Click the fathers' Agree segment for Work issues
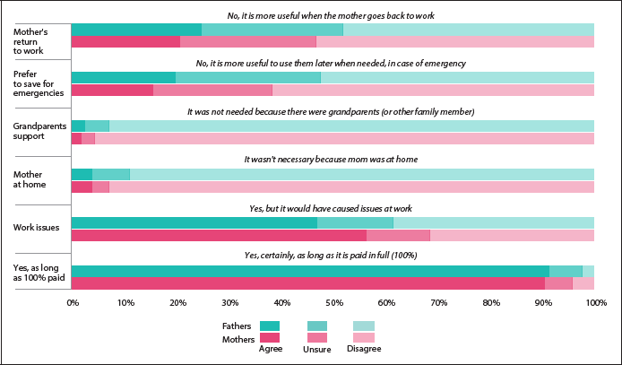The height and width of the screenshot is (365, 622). tap(194, 223)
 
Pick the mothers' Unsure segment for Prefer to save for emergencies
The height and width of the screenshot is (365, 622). tap(212, 90)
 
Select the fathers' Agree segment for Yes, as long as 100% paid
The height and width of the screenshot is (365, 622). tap(309, 272)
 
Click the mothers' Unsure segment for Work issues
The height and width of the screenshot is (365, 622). tap(398, 236)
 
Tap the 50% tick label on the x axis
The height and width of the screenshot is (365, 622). tap(333, 302)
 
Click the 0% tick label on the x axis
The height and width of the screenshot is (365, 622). tap(72, 302)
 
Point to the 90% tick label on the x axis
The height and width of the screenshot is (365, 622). tap(542, 302)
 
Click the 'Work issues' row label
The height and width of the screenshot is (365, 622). tap(36, 228)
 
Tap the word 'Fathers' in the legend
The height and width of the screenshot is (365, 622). tap(237, 326)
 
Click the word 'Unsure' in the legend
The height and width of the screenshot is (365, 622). tap(317, 349)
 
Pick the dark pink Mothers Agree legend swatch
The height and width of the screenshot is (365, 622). tap(270, 337)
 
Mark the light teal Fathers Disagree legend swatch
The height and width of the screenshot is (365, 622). tap(364, 326)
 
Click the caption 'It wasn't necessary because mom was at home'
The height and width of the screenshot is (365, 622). tap(331, 159)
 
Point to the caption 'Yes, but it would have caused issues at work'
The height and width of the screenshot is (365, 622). tap(331, 207)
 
